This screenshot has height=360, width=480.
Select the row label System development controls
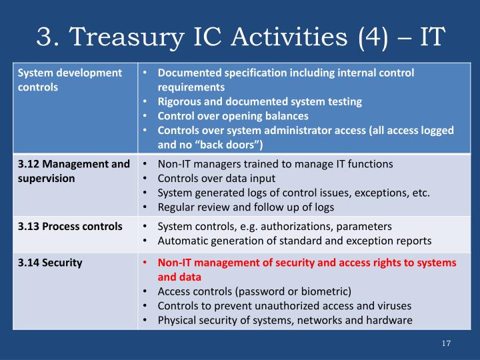pos(69,79)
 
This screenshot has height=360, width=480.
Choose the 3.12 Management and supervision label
pos(73,171)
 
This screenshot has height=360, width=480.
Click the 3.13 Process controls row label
pos(69,226)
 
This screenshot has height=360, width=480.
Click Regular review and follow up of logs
pos(245,207)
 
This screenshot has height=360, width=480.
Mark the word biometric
pos(325,291)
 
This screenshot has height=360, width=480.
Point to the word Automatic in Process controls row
pos(181,241)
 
